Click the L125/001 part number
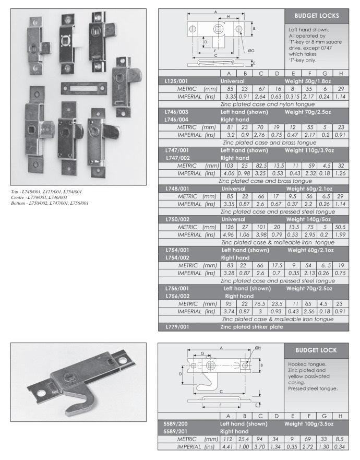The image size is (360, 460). (176, 81)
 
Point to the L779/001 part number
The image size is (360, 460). (175, 327)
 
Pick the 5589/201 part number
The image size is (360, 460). (175, 431)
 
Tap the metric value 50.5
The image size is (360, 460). (340, 227)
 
